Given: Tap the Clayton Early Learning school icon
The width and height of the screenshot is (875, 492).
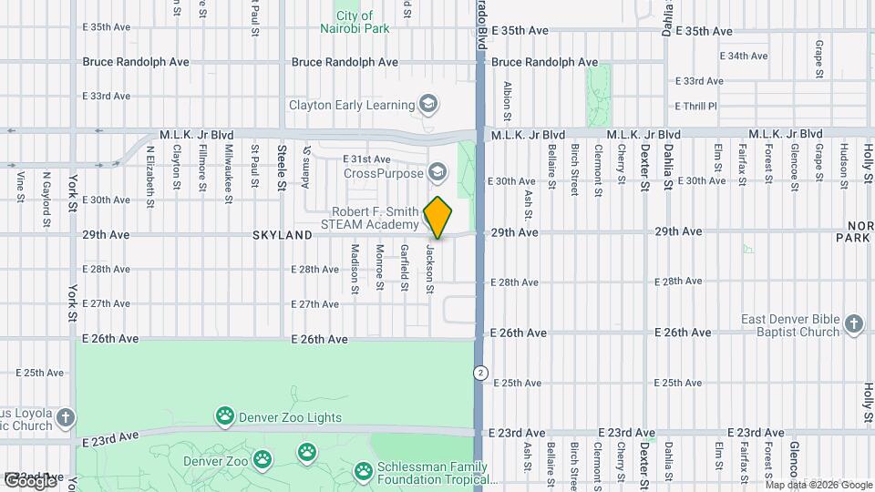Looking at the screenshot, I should [427, 106].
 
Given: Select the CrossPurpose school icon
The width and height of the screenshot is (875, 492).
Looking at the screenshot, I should [437, 173].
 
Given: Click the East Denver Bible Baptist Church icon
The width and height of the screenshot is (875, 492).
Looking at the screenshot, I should [853, 325].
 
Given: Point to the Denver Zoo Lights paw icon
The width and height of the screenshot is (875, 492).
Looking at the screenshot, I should [224, 417].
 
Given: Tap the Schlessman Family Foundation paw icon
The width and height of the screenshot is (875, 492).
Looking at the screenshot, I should [363, 470].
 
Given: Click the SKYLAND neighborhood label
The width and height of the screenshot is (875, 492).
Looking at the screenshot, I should [283, 235].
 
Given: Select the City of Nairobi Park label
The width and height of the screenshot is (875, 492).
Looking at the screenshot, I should [354, 22].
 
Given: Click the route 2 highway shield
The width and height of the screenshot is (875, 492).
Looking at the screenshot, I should [479, 373].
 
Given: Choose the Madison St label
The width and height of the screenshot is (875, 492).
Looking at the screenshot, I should [355, 268].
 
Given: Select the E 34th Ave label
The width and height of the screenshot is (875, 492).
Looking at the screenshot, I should [744, 56].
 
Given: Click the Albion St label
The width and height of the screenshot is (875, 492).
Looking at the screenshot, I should [508, 102].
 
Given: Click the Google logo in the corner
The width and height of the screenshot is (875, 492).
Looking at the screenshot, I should [30, 480].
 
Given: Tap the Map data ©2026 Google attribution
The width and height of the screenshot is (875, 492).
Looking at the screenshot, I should [818, 485].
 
